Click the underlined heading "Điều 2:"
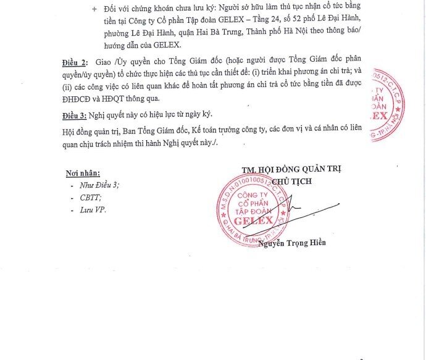click(x=75, y=63)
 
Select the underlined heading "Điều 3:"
click(x=75, y=117)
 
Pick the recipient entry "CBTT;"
click(x=90, y=198)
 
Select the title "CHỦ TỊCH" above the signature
click(x=291, y=181)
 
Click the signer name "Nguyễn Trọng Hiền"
click(x=293, y=243)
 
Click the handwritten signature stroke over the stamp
click(x=303, y=211)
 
